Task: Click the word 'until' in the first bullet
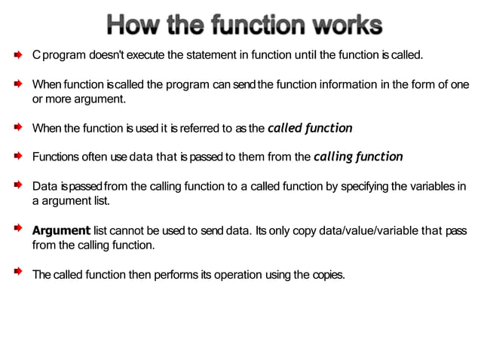332,56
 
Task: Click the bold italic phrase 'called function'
310,127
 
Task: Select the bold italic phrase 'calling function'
358,157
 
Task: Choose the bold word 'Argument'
61,230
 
